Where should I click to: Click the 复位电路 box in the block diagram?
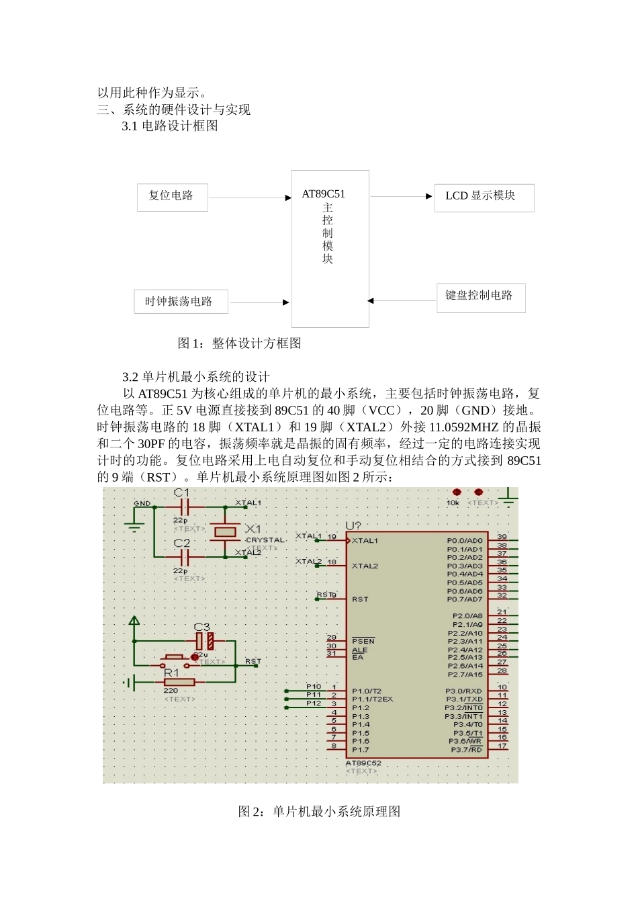coord(172,197)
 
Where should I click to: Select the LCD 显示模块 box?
coord(484,198)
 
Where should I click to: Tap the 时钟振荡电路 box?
coord(181,302)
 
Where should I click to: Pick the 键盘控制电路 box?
coord(480,297)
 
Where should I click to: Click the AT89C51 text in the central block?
coord(323,194)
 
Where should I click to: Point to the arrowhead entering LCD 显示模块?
coord(428,197)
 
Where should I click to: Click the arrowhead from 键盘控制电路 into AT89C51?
coord(371,301)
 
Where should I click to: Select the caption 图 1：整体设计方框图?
coord(239,343)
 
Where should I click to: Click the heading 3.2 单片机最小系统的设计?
coord(195,377)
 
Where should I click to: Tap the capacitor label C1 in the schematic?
coord(181,493)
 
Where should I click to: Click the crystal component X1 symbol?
coord(224,532)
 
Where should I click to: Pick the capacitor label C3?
coord(201,627)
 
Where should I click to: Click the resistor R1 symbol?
coord(179,682)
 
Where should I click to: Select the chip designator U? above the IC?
coord(353,526)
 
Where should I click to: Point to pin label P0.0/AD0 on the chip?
coord(464,541)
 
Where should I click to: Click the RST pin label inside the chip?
coord(360,599)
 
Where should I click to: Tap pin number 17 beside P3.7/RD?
coord(502,746)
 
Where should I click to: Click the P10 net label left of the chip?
coord(313,687)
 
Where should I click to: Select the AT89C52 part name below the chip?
coord(363,763)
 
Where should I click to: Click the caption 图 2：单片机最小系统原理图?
coord(319,812)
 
